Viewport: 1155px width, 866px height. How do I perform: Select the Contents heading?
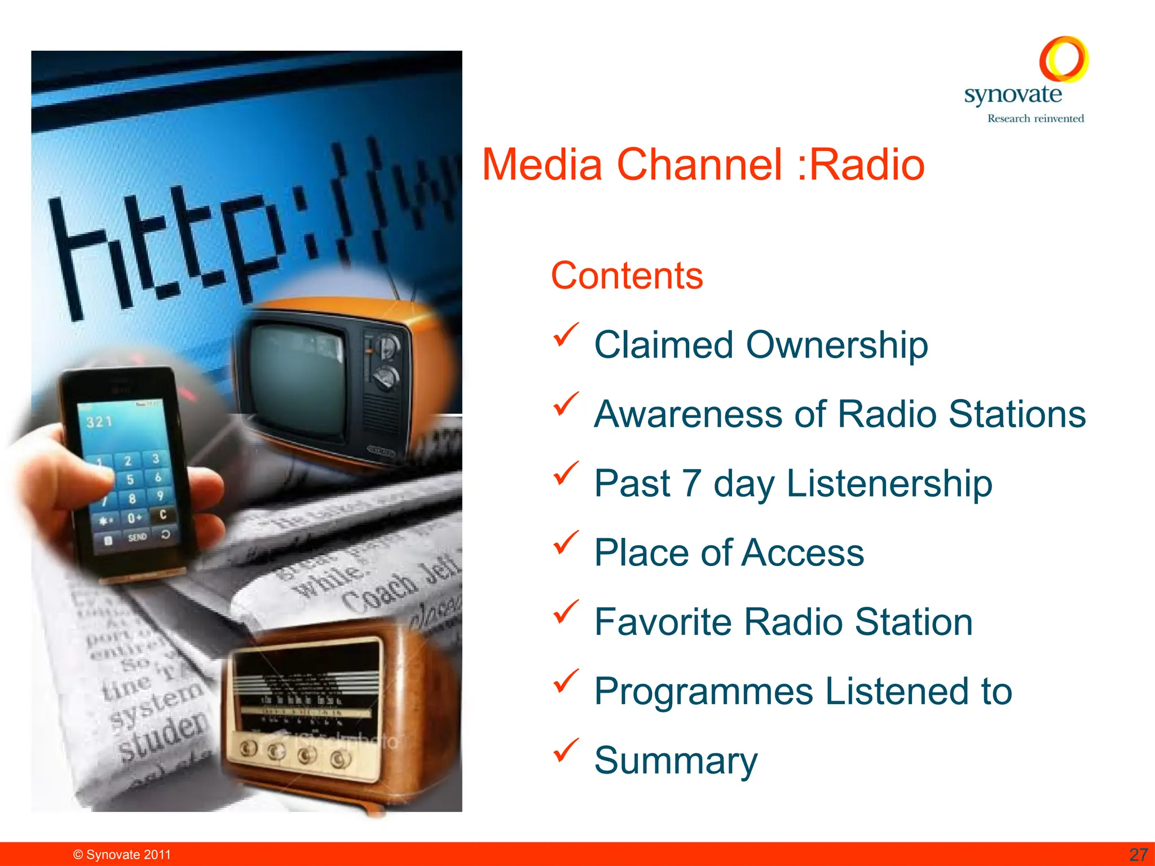tap(627, 276)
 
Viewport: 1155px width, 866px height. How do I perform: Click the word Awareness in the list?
tap(689, 414)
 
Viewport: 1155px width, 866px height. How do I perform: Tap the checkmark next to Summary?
tap(566, 750)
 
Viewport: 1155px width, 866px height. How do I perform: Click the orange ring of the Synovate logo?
tap(1063, 59)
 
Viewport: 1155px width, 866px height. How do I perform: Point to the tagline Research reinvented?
tap(1035, 118)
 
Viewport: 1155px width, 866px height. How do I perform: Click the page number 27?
tap(1139, 855)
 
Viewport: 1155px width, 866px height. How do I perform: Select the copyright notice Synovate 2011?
tap(122, 855)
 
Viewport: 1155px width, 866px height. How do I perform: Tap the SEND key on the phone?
tap(137, 537)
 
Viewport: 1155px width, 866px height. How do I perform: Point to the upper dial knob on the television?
tap(388, 346)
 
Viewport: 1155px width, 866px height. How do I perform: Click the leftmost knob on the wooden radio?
tap(248, 748)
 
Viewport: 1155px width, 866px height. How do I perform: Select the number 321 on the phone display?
tap(99, 422)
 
